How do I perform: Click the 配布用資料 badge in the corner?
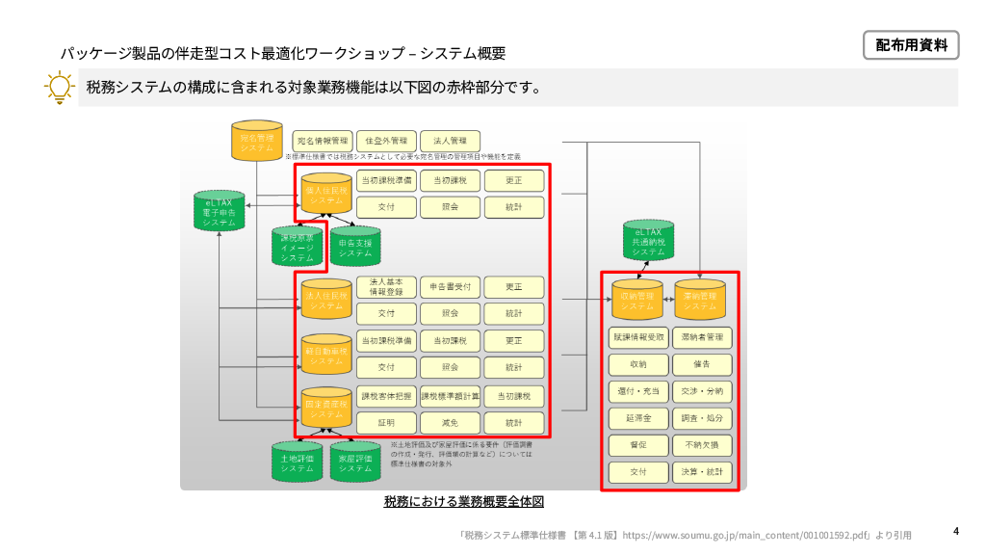(x=910, y=44)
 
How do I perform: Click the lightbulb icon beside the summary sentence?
(x=60, y=88)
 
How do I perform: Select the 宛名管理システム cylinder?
(x=257, y=141)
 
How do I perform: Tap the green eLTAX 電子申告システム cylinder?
(x=220, y=209)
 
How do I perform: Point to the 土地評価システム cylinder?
(x=298, y=462)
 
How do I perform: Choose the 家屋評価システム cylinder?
(x=355, y=462)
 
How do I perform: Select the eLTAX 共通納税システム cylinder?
(x=648, y=240)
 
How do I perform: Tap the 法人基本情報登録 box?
(x=385, y=287)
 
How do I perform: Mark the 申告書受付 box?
(x=450, y=287)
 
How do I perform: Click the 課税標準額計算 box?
(x=450, y=396)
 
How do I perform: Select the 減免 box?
(x=450, y=423)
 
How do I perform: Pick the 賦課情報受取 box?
(x=637, y=338)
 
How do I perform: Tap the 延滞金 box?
(x=637, y=419)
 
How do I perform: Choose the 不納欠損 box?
(x=702, y=446)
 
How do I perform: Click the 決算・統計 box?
(x=702, y=473)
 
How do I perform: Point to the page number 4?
(x=956, y=531)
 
